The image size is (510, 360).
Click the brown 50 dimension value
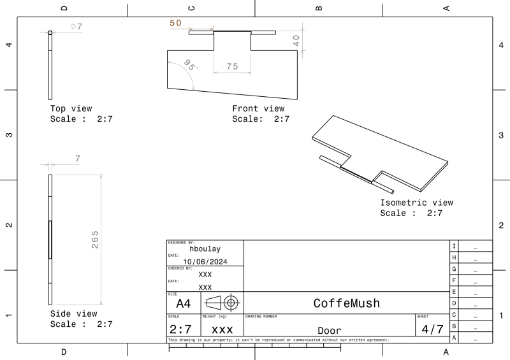176,23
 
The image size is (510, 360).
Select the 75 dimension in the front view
232,66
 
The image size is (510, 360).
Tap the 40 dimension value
296,41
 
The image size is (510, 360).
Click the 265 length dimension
94,240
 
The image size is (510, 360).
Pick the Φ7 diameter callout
76,26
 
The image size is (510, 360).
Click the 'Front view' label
258,108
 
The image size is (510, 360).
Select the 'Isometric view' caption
417,203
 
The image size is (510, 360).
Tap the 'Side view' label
73,314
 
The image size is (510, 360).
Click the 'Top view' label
71,108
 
